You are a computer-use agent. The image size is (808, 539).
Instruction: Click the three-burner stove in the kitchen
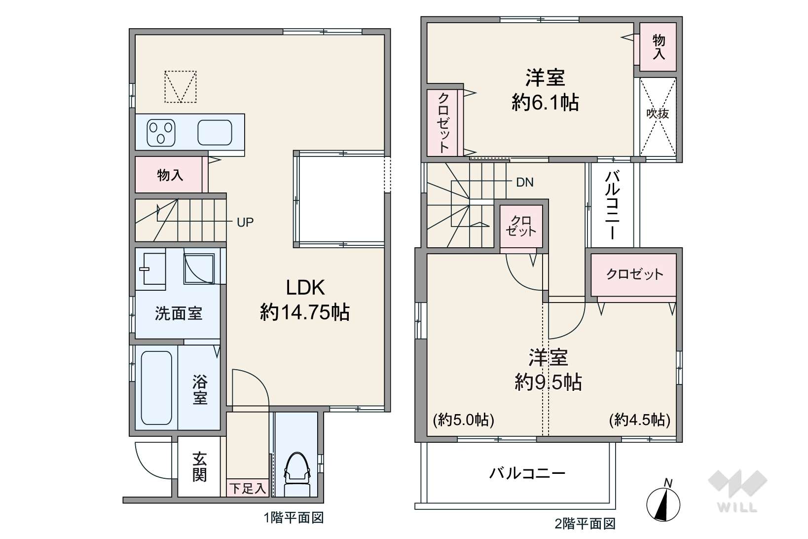161,132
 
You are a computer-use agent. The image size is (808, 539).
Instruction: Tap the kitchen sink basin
215,132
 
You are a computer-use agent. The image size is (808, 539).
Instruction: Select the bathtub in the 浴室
156,388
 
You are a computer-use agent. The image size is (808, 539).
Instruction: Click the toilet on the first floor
297,475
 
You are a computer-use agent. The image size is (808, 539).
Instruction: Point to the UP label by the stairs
245,223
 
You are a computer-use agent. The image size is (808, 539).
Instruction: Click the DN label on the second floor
525,182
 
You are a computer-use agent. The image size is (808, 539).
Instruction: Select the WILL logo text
737,507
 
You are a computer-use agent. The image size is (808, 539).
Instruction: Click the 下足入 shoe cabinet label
248,489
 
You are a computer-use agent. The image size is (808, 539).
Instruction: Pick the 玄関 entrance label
199,467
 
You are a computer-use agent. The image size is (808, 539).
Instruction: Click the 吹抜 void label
658,114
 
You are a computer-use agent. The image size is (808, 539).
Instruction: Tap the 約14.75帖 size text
305,312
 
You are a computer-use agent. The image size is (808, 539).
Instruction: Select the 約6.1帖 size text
545,103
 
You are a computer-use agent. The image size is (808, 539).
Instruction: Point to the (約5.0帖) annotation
464,420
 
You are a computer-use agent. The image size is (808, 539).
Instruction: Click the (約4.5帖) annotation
640,420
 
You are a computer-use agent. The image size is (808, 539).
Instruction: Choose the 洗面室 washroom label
179,313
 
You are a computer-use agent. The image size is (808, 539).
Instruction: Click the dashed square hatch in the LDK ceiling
181,87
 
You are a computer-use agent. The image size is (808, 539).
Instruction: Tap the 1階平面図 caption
294,518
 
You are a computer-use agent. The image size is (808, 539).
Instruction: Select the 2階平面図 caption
585,524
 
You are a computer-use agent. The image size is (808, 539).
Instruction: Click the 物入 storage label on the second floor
659,47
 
